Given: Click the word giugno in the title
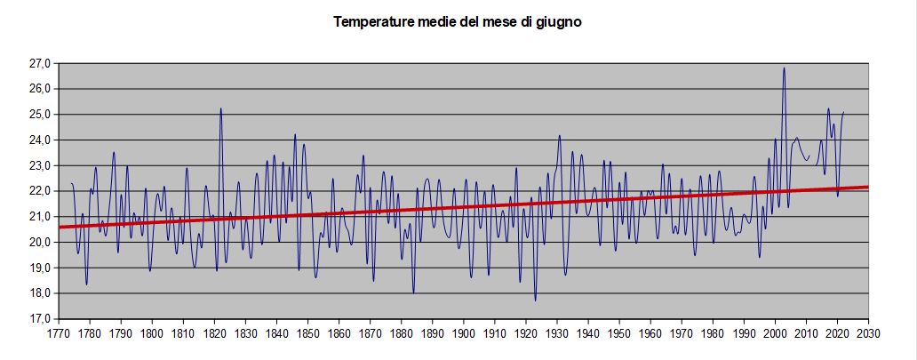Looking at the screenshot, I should click(x=559, y=22).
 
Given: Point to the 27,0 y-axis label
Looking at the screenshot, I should click(x=40, y=64).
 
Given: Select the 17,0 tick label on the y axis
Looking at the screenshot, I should click(x=40, y=319).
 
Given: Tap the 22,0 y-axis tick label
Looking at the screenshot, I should click(x=40, y=191).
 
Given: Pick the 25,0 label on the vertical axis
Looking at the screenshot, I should click(x=40, y=115).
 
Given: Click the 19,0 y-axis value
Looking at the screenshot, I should click(x=40, y=268).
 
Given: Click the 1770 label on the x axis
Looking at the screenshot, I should click(x=58, y=334).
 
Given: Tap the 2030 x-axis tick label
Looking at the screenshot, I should click(x=868, y=334).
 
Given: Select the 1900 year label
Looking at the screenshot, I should click(x=463, y=334).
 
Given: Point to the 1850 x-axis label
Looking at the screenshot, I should click(x=307, y=334).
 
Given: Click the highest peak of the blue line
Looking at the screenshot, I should click(x=784, y=68).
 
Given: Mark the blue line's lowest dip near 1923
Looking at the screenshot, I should click(x=535, y=300).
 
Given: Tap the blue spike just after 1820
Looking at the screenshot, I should click(x=220, y=108).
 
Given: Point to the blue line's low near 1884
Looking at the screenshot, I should click(x=413, y=292).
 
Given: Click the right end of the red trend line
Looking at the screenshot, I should click(x=867, y=187).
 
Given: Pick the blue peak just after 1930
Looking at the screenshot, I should click(x=560, y=136).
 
